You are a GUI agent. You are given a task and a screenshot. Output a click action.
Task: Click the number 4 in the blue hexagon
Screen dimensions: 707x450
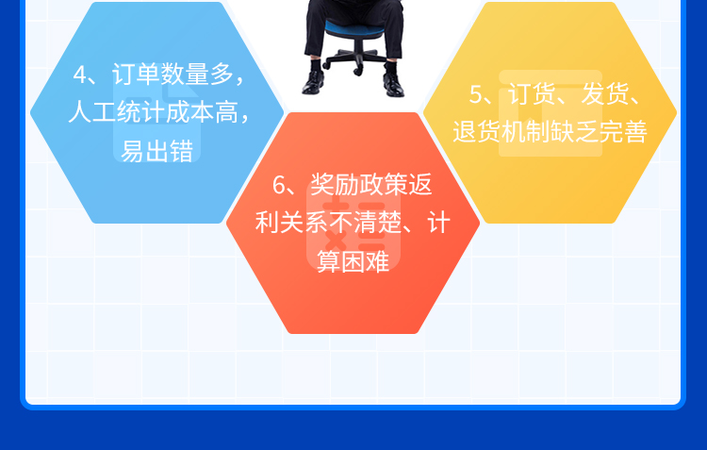(80, 75)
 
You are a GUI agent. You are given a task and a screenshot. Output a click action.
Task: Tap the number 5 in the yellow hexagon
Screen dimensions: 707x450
(476, 94)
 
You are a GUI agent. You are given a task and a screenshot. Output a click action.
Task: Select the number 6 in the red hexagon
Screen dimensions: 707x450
(279, 185)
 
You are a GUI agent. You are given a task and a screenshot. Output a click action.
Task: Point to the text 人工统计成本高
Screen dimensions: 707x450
(153, 112)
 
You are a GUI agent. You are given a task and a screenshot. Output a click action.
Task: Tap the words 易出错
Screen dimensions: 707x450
(156, 151)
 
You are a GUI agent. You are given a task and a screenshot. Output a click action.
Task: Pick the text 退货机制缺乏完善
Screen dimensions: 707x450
(551, 132)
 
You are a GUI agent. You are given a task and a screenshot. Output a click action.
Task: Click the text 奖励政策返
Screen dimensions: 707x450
(371, 185)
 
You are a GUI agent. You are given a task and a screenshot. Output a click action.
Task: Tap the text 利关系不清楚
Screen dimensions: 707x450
(328, 223)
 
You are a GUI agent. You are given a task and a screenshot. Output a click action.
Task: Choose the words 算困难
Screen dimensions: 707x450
(353, 261)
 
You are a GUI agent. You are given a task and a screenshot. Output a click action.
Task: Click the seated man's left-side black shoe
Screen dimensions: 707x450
(312, 83)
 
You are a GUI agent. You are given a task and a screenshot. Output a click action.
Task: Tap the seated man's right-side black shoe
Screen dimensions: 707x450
(393, 84)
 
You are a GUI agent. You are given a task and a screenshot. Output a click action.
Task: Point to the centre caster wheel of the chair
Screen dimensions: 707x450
(358, 70)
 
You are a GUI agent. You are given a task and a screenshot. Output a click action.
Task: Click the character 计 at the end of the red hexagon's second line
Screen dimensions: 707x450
(438, 223)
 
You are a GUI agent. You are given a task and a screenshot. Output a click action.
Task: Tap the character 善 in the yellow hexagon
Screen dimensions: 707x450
(635, 132)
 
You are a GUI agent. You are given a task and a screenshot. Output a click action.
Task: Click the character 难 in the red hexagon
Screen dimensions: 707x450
(377, 261)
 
